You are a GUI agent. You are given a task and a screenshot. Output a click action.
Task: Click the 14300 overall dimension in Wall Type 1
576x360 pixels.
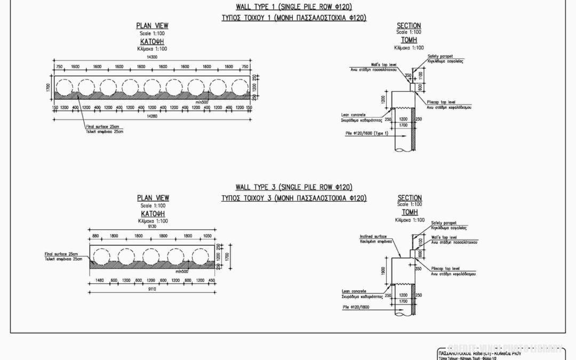pos(153,57)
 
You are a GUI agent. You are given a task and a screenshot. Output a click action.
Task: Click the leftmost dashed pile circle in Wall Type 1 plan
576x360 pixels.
pos(65,87)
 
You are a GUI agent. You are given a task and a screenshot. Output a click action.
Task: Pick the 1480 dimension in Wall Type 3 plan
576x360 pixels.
pos(99,281)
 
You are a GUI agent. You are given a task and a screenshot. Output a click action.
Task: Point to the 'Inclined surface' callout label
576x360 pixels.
pos(373,236)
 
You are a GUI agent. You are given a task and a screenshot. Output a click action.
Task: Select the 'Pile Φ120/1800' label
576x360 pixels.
pos(358,307)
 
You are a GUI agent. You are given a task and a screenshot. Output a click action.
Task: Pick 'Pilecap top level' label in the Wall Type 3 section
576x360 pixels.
pos(445,268)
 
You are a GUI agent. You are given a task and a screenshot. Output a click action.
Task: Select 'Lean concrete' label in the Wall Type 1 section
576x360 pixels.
pos(353,114)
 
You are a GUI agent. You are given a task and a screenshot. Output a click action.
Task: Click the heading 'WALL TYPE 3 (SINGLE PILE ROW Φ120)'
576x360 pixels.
pos(294,187)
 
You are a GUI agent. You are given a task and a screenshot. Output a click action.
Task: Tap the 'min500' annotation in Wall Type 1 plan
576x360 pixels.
pos(202,102)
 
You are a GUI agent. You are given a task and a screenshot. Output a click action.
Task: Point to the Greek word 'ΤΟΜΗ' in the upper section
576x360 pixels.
pos(409,40)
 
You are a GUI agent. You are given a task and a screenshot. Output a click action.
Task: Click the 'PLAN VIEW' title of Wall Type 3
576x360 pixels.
pos(153,198)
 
